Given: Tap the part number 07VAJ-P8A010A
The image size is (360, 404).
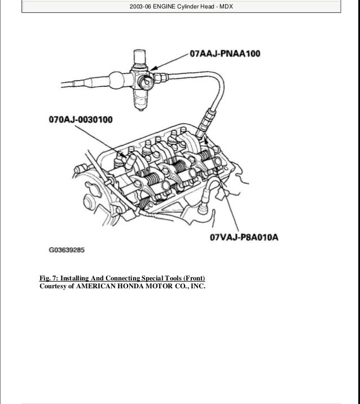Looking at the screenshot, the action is pyautogui.click(x=244, y=238).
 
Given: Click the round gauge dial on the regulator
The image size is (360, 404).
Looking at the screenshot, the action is pyautogui.click(x=147, y=80).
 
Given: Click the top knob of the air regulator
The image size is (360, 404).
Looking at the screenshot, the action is pyautogui.click(x=138, y=55).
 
